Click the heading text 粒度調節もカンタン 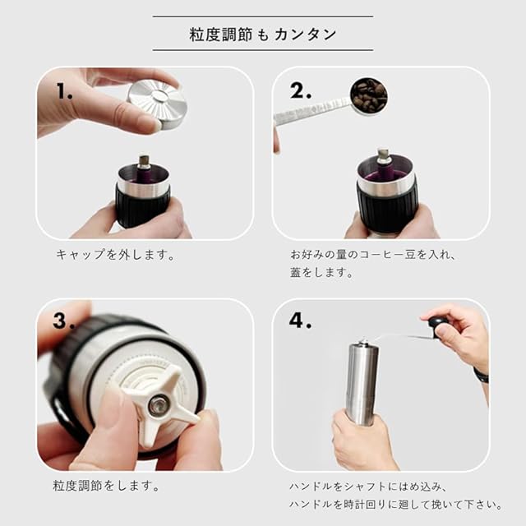point(263,35)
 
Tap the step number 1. point(64,90)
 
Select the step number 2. point(301,90)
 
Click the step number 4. point(300,320)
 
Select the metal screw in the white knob point(159,405)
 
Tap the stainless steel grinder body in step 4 point(362,383)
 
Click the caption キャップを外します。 point(115,255)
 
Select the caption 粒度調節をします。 point(106,486)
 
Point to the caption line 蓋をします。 point(321,272)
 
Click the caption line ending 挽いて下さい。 point(396,504)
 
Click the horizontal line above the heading point(263,16)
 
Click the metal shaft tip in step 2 point(382,155)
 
